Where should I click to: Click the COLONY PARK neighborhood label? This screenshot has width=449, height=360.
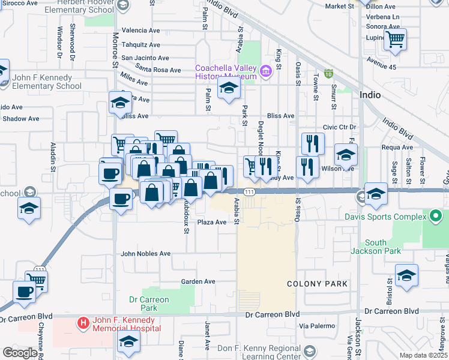tap(309, 283)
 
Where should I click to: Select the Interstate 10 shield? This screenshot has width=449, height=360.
tap(328, 74)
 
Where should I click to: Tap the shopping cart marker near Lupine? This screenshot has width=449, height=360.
tap(395, 40)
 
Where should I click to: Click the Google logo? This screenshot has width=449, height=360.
tap(20, 353)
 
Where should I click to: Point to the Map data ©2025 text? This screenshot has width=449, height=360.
tap(423, 355)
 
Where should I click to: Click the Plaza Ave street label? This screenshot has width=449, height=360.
tap(212, 222)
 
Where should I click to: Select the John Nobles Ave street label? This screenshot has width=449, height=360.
tap(146, 254)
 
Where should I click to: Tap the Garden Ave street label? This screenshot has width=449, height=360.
tap(198, 281)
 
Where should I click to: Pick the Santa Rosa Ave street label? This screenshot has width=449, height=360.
tap(158, 70)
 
